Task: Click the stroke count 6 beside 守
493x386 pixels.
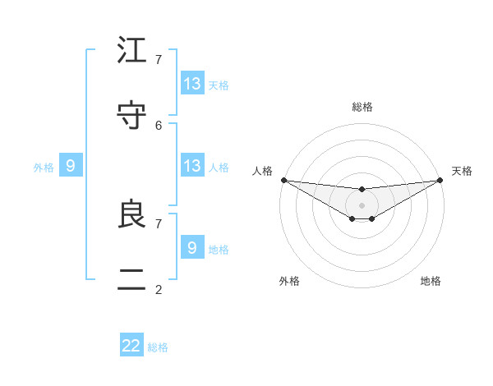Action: tap(159, 125)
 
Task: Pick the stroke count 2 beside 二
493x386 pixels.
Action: tap(159, 289)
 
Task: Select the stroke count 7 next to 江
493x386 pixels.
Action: tap(159, 59)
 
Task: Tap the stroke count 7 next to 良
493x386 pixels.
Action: tap(159, 223)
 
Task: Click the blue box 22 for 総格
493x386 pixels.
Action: tap(131, 346)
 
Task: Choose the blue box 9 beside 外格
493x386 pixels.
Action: tap(71, 166)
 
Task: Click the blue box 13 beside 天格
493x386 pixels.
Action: tap(192, 83)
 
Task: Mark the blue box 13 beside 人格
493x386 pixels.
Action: tap(192, 166)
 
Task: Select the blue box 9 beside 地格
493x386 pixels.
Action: tap(192, 247)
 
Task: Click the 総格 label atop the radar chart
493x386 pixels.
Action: tap(362, 107)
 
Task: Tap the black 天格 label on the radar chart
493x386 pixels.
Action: tap(463, 171)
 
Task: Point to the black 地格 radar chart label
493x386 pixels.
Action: tap(431, 281)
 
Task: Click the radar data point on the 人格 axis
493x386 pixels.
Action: tap(283, 180)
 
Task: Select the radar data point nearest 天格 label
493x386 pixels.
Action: tap(440, 180)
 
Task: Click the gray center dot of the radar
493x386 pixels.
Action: tap(362, 204)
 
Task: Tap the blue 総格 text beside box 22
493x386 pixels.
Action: tap(158, 347)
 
